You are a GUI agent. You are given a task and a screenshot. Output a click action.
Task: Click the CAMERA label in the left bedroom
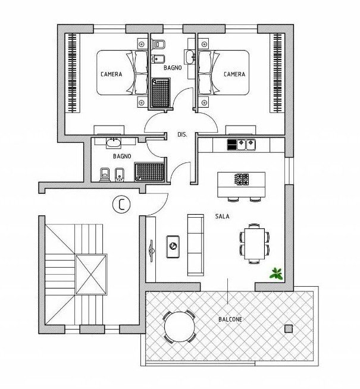111,74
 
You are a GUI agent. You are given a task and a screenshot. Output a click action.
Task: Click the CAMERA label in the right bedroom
234,74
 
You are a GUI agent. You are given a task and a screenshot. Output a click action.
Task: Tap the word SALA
223,217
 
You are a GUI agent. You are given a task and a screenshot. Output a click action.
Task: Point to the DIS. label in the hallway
183,135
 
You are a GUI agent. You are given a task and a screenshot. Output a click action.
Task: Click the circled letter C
121,205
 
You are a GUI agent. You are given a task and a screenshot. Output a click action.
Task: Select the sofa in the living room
195,244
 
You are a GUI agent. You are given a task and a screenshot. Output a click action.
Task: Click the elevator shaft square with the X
91,275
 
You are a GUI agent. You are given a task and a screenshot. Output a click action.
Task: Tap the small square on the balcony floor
289,329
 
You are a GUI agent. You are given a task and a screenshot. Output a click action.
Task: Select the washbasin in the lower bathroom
113,143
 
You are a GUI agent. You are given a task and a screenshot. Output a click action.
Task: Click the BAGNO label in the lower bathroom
121,156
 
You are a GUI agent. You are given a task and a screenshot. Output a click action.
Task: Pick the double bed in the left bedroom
123,73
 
